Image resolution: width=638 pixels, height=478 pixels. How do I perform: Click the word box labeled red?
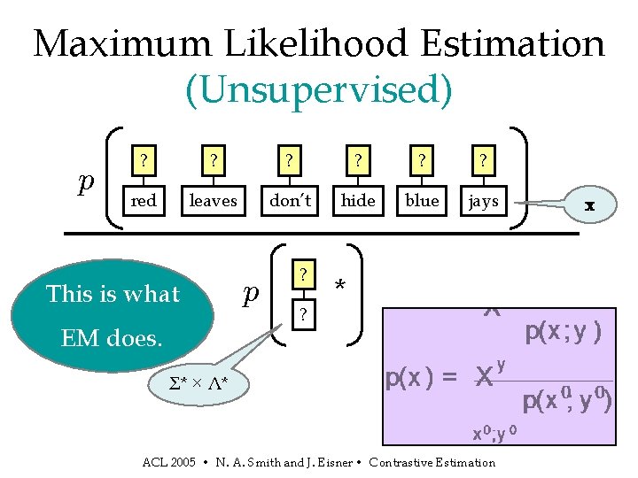[144, 201]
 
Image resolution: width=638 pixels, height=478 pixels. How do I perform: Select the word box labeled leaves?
[213, 201]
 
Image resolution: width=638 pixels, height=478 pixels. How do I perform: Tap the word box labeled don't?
[290, 201]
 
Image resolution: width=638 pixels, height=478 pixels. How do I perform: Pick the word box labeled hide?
[358, 201]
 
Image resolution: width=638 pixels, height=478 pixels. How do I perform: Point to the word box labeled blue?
[422, 201]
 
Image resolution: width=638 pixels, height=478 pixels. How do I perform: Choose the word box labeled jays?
[484, 201]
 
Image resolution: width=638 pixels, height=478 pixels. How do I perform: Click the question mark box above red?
[144, 161]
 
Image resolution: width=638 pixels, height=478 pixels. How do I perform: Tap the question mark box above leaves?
[213, 161]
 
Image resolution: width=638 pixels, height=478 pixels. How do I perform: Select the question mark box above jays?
[484, 161]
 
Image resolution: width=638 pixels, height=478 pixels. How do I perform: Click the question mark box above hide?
[358, 161]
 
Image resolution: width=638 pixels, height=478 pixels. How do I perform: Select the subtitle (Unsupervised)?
[318, 89]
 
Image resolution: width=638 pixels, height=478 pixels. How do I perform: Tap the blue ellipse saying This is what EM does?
[113, 314]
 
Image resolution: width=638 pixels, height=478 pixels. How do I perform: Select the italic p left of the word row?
[86, 181]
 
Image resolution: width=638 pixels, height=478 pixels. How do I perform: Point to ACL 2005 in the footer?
[168, 462]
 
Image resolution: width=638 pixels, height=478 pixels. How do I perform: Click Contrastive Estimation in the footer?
[432, 462]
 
